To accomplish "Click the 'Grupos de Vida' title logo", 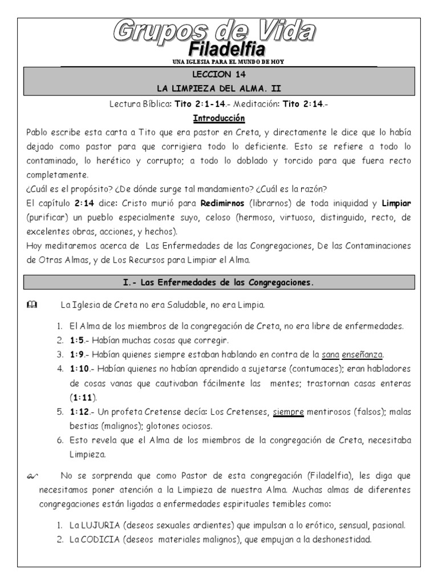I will click(x=219, y=31).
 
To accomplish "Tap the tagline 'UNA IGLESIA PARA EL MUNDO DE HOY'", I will click(x=219, y=62).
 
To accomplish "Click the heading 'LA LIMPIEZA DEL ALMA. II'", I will click(x=219, y=89).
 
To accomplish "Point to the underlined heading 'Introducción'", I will click(x=219, y=118).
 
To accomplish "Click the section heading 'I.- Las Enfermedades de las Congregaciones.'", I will click(x=219, y=282).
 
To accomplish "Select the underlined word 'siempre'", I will click(x=289, y=412).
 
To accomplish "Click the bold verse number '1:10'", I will click(x=79, y=369).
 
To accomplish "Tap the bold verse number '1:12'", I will click(x=79, y=412).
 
